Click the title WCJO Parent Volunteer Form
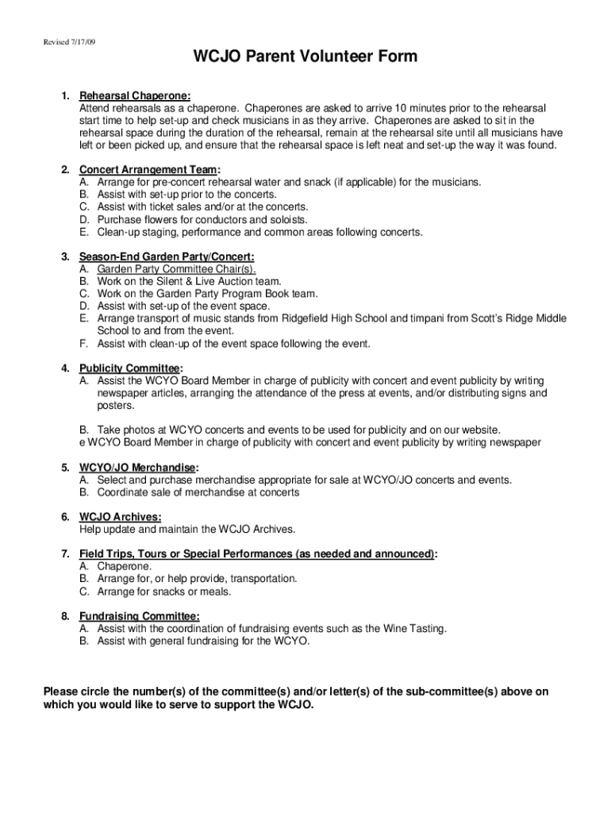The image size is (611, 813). tap(305, 57)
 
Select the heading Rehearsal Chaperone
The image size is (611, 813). tap(134, 96)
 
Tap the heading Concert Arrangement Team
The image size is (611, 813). tap(148, 170)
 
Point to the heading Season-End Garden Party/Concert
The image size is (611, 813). tap(167, 256)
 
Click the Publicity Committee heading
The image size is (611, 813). tap(130, 368)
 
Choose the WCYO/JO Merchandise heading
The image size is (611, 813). tap(138, 468)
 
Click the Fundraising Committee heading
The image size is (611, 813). tap(139, 616)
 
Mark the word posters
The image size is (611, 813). tap(116, 406)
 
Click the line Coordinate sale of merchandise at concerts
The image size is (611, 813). tap(198, 492)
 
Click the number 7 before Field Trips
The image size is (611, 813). tap(63, 554)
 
